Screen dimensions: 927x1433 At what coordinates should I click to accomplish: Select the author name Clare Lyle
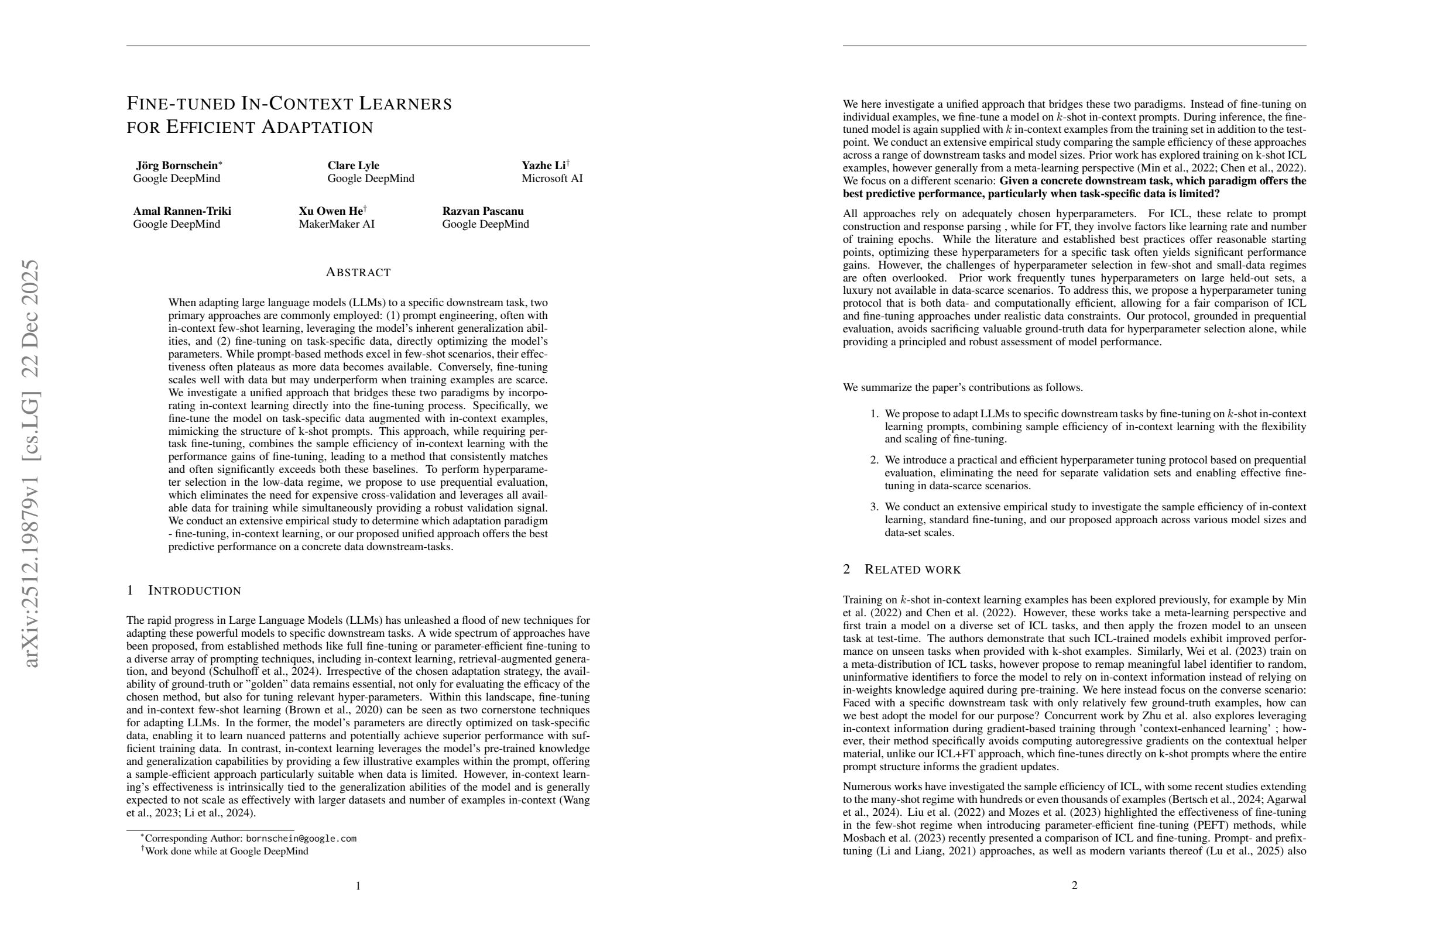(353, 166)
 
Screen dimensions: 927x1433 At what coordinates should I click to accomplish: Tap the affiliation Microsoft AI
(551, 178)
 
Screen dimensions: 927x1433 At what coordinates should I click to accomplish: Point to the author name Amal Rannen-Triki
(182, 211)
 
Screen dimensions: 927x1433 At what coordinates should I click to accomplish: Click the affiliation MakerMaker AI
(337, 225)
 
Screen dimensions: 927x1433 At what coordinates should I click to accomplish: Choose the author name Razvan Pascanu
(482, 211)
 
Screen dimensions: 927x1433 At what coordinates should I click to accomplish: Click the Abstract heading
(358, 273)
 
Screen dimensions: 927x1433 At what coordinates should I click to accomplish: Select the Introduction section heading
(194, 590)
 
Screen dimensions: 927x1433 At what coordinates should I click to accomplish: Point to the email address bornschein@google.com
(301, 839)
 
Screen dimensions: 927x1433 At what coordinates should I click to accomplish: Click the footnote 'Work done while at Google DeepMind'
(227, 851)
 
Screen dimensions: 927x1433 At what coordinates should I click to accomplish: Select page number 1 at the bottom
(358, 885)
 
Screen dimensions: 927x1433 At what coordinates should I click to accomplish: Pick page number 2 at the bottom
(1074, 885)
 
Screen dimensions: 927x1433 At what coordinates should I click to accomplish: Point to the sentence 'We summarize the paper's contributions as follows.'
(962, 387)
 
